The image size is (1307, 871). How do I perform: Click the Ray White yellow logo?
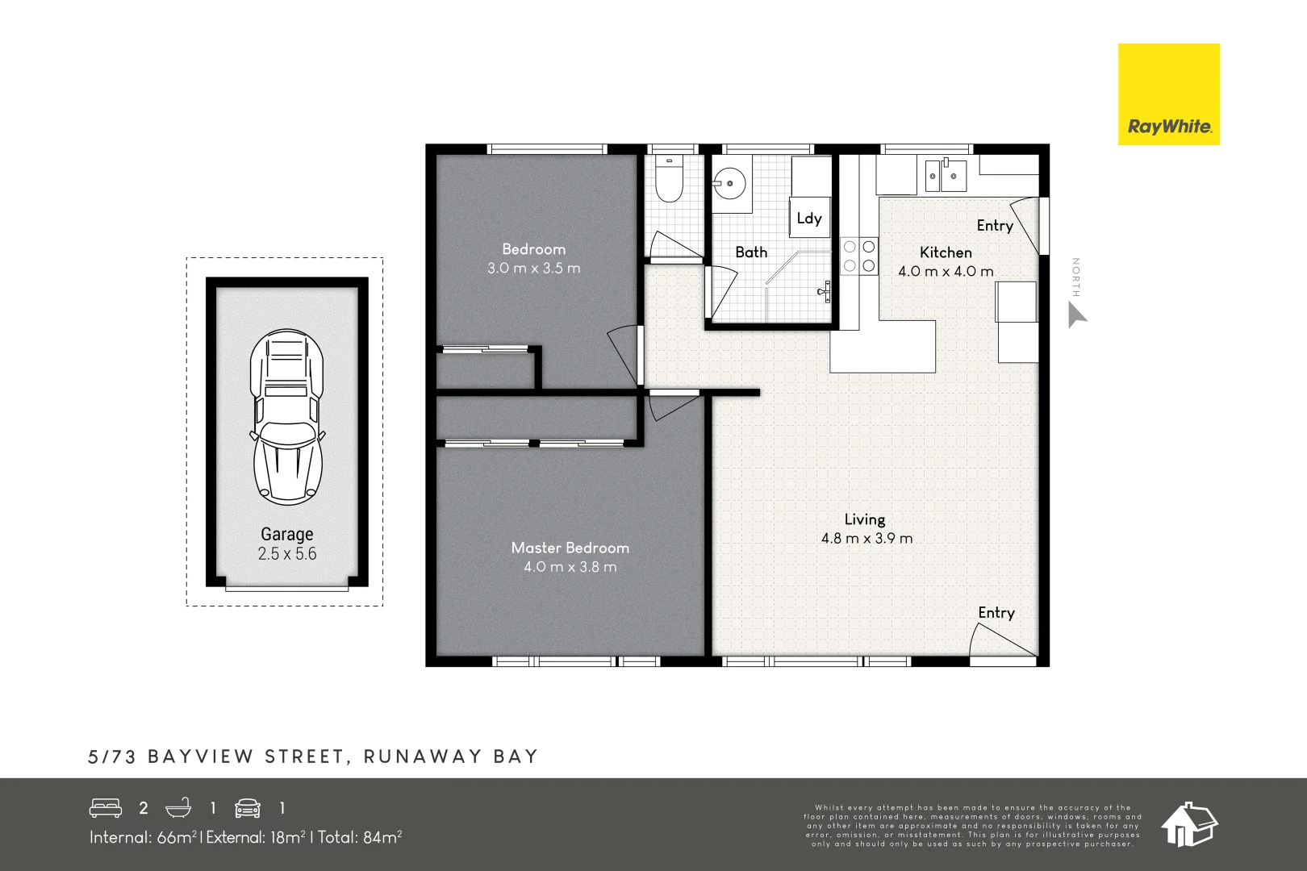coord(1168,94)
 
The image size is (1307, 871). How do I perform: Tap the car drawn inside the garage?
coord(287,417)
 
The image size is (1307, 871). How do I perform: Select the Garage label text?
coord(286,534)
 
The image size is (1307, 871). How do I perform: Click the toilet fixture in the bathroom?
coord(669,180)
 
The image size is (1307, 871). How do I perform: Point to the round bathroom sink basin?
coord(730,184)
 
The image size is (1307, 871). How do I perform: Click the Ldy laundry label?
coord(809,219)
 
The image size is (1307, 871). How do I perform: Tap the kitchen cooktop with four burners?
coord(859,256)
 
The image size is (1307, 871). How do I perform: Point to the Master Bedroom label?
coord(570,548)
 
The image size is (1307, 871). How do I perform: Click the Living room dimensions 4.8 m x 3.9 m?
coord(866,539)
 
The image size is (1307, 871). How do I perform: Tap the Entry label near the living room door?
coord(996,613)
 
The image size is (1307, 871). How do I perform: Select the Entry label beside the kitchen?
coord(994,226)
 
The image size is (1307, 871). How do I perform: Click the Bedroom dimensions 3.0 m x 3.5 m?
coord(533,269)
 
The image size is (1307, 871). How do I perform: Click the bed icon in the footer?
coord(106,807)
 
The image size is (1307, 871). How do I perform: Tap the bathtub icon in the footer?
coord(178,807)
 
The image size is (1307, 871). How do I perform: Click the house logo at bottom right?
coord(1189,824)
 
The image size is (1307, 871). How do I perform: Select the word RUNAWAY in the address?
coord(422,756)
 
